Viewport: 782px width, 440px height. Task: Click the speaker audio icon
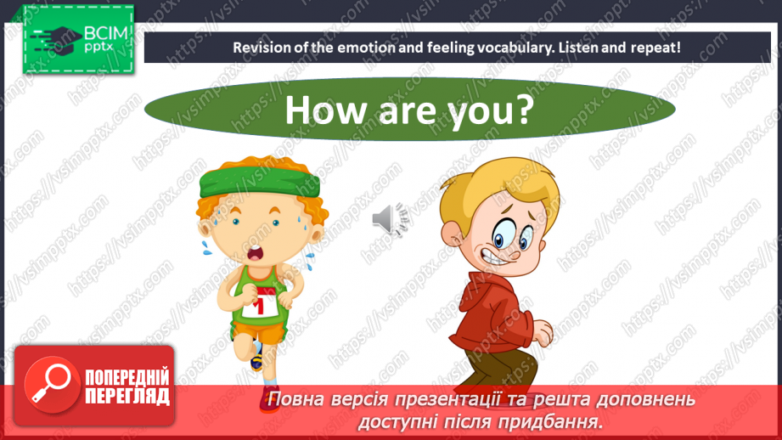click(390, 218)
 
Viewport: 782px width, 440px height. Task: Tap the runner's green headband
click(259, 181)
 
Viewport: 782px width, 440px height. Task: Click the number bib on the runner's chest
click(261, 302)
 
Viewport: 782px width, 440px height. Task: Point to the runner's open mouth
click(256, 253)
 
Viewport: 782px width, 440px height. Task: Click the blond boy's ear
click(452, 234)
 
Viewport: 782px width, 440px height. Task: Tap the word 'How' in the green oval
click(325, 110)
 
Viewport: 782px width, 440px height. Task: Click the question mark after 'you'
click(523, 110)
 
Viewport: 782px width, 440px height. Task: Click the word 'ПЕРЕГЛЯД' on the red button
click(127, 397)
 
